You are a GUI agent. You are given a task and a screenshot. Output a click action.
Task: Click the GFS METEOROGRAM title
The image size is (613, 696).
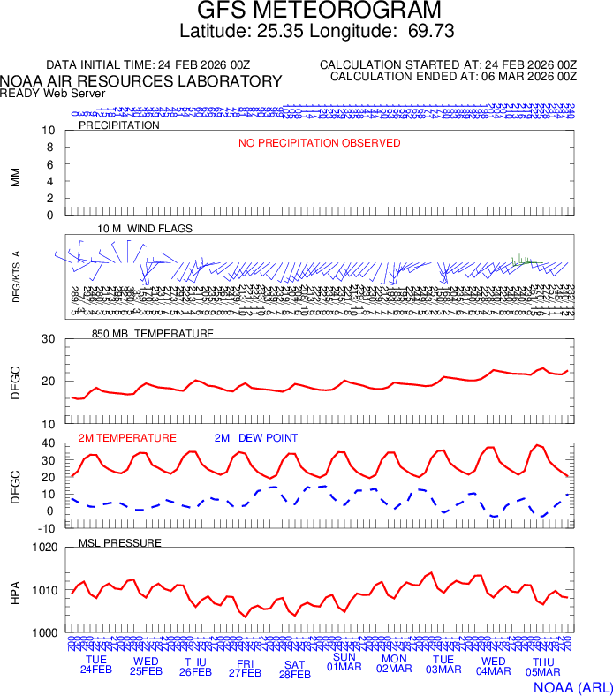[319, 11]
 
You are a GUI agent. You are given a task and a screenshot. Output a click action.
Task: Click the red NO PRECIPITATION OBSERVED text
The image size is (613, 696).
[320, 143]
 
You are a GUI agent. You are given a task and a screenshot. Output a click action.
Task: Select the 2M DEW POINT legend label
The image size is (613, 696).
[256, 438]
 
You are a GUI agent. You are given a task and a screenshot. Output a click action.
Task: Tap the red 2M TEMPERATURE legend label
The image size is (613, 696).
[127, 438]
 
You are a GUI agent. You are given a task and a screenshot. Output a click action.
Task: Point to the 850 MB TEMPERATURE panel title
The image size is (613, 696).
[153, 334]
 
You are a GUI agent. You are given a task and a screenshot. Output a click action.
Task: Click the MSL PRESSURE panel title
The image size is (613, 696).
[120, 542]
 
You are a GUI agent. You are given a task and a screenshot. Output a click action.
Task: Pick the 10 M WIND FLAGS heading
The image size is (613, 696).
[145, 229]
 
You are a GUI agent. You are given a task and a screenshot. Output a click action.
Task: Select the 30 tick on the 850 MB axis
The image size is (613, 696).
[49, 339]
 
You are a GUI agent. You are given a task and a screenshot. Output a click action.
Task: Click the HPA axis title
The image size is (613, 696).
[16, 591]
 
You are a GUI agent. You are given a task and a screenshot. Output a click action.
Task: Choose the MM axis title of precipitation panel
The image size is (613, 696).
[16, 176]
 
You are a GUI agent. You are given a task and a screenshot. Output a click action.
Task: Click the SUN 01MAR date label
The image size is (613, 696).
[344, 662]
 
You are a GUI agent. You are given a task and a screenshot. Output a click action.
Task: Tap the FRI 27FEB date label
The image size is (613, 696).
[245, 668]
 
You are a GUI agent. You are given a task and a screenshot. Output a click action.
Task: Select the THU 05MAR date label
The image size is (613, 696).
[543, 666]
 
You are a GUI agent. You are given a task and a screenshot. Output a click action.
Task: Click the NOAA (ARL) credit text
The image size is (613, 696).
[572, 685]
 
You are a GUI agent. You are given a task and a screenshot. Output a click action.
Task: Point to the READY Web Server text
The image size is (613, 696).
[53, 93]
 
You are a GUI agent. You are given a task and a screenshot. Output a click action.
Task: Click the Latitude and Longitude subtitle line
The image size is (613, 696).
[317, 32]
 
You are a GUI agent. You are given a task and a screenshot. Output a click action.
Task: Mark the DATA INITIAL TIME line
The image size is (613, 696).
[148, 65]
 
